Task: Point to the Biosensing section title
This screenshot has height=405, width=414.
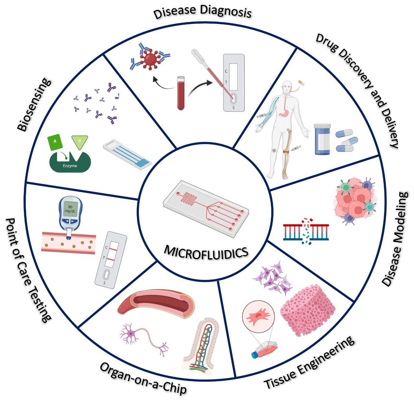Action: click(34, 105)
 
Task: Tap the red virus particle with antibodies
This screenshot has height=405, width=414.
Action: click(150, 58)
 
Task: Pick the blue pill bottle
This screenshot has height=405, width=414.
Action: click(323, 139)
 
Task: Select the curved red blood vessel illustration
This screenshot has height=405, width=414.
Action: click(157, 304)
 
